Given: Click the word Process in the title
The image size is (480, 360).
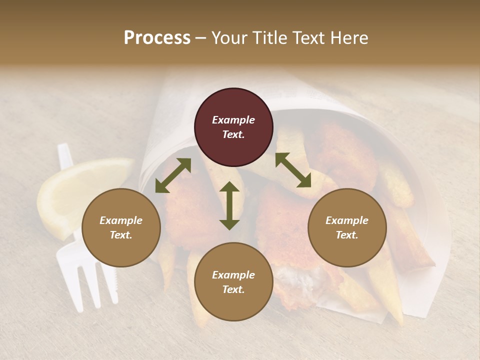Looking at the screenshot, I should click(x=157, y=38).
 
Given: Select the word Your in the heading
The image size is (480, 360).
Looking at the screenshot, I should click(x=227, y=38).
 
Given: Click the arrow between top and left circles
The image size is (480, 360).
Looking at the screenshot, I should click(x=173, y=175).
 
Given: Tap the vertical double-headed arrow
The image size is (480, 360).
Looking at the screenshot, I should click(x=229, y=205).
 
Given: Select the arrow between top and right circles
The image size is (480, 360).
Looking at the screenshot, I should click(x=293, y=170).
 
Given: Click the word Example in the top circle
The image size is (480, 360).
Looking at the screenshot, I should click(x=233, y=120).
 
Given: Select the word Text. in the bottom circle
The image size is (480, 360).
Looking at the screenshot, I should click(x=233, y=289).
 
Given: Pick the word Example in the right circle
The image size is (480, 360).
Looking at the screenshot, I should click(x=347, y=220).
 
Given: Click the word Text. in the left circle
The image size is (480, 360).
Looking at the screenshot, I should click(x=121, y=235).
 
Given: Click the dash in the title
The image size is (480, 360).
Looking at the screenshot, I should click(x=200, y=38).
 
